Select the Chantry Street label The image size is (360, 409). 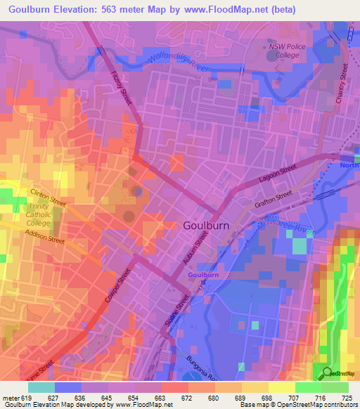(x=343, y=85)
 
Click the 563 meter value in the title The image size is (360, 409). (x=126, y=9)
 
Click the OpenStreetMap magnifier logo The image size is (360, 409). (x=326, y=372)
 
